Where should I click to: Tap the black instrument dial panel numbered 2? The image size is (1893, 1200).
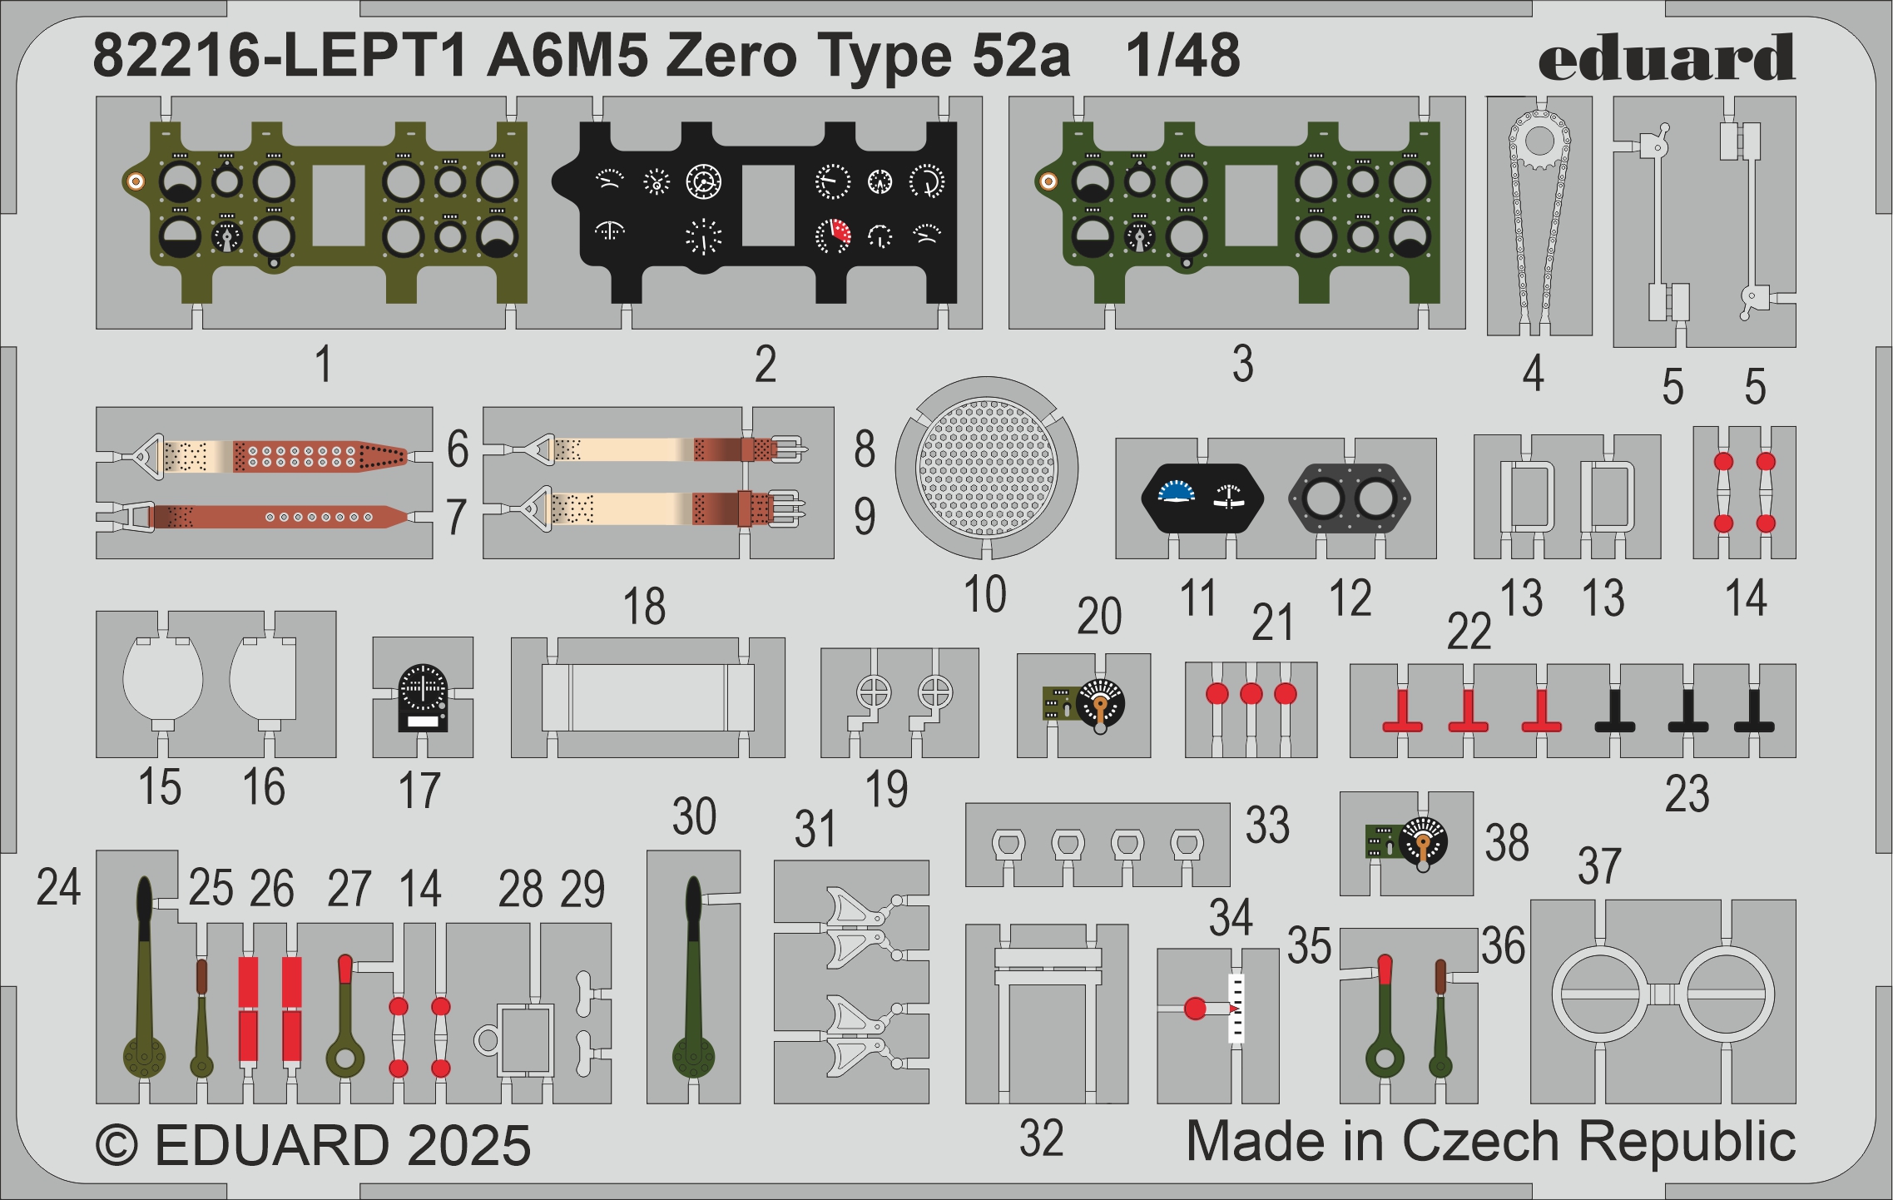[766, 208]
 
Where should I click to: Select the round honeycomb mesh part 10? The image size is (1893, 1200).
[986, 467]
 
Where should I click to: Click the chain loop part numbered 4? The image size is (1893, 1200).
[1539, 216]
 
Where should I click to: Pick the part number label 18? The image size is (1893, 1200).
[644, 607]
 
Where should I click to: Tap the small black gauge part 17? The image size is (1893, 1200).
[423, 697]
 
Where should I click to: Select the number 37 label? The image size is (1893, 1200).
[1599, 865]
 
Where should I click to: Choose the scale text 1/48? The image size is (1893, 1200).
[1182, 57]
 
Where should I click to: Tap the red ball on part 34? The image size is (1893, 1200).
[1195, 1009]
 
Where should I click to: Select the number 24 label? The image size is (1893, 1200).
[58, 887]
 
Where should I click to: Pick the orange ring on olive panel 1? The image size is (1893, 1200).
[135, 181]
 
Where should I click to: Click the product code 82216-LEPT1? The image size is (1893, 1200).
[279, 57]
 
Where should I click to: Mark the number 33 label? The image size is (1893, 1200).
[1266, 825]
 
